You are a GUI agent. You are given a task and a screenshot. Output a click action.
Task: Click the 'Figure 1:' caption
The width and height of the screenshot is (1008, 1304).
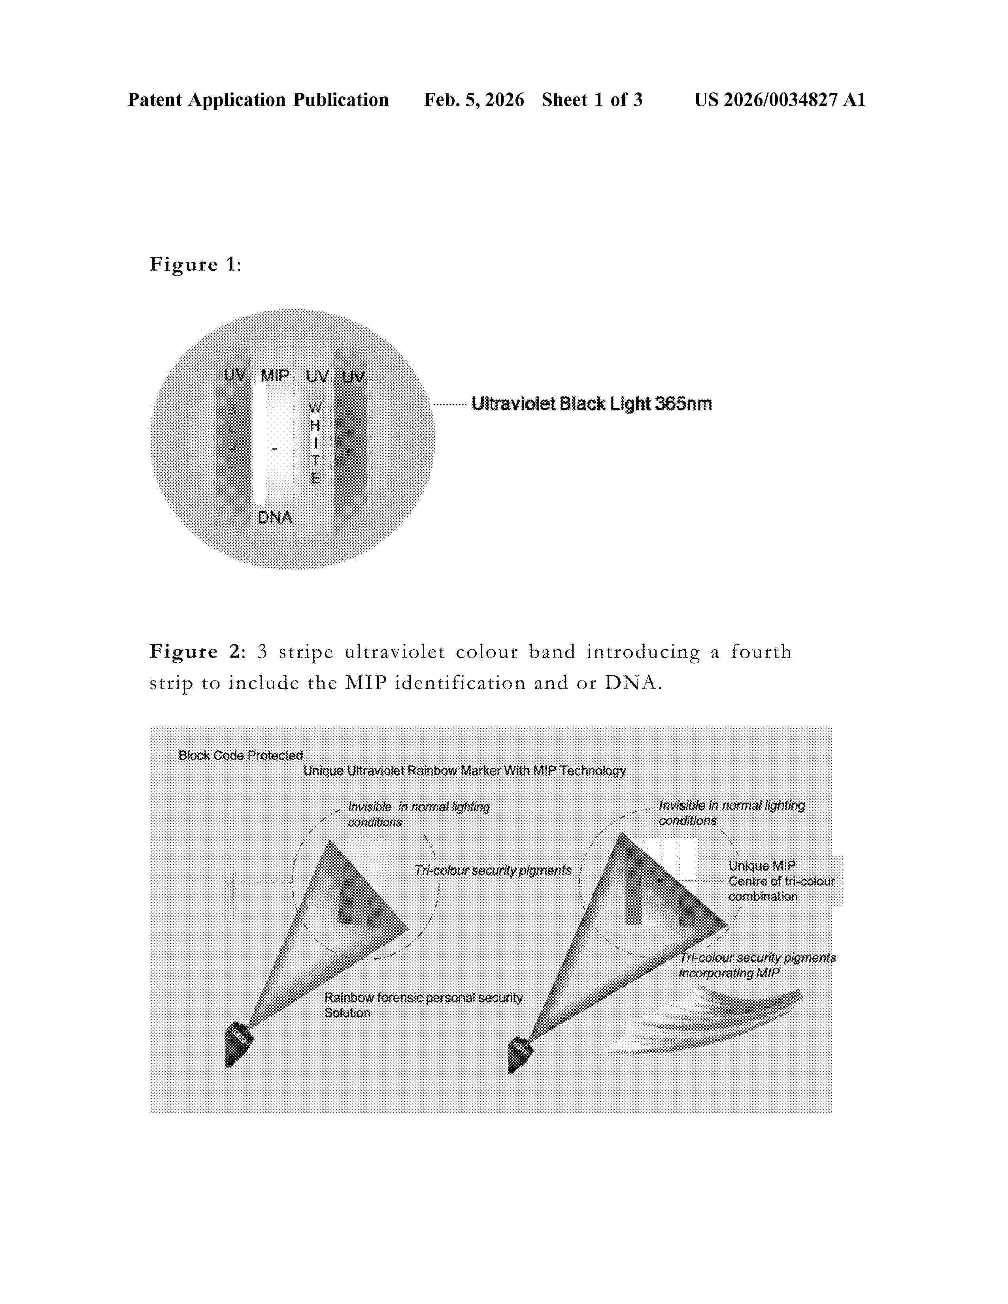click(x=195, y=264)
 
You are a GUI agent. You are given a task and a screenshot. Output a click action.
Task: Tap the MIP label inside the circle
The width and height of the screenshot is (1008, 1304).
click(x=275, y=375)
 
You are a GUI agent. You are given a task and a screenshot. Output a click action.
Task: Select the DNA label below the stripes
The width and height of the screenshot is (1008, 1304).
click(x=275, y=517)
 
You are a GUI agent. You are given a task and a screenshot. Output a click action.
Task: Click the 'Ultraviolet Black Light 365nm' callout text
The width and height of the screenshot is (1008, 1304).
click(x=591, y=404)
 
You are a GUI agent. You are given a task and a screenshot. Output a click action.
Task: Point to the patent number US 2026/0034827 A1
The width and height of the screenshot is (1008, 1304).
click(x=779, y=100)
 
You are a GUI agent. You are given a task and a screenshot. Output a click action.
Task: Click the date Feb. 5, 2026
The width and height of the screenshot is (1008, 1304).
click(x=474, y=100)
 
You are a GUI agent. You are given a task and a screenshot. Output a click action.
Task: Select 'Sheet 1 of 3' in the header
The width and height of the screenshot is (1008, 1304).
click(x=592, y=100)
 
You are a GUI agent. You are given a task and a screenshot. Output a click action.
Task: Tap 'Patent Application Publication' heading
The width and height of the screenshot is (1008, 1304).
click(x=258, y=100)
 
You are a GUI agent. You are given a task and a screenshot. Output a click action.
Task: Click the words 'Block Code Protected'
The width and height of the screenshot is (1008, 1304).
click(x=241, y=755)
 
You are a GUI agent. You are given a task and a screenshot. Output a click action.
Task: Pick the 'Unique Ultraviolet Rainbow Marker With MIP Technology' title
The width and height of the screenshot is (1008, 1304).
click(x=464, y=771)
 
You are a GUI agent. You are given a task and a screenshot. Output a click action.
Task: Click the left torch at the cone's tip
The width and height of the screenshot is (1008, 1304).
click(x=238, y=1044)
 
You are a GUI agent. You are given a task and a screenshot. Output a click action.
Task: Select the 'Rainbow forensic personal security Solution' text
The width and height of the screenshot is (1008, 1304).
click(x=423, y=1005)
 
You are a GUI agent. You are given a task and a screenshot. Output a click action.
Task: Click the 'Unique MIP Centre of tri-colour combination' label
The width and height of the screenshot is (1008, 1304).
click(x=781, y=881)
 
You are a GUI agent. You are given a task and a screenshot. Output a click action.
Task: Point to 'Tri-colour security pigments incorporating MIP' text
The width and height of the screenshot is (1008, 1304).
click(x=757, y=965)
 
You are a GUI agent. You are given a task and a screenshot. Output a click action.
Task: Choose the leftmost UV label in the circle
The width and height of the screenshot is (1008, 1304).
click(x=235, y=375)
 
